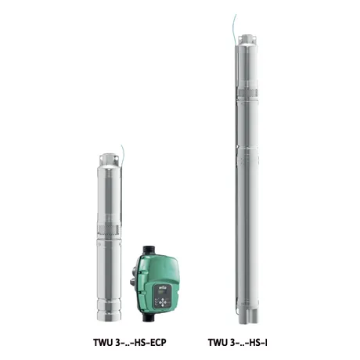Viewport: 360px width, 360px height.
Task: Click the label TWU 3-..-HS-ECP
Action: pos(130,342)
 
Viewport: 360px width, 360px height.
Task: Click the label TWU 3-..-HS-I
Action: pos(237,342)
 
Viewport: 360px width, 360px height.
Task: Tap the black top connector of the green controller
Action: pos(149,250)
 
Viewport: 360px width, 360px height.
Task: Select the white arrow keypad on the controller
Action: pos(163,302)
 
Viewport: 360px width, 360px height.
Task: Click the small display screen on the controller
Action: pos(160,293)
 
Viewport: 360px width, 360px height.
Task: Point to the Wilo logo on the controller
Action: pos(161,287)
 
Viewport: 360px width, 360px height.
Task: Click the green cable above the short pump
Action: pos(122,153)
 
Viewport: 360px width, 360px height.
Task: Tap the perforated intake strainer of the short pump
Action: pos(109,229)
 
